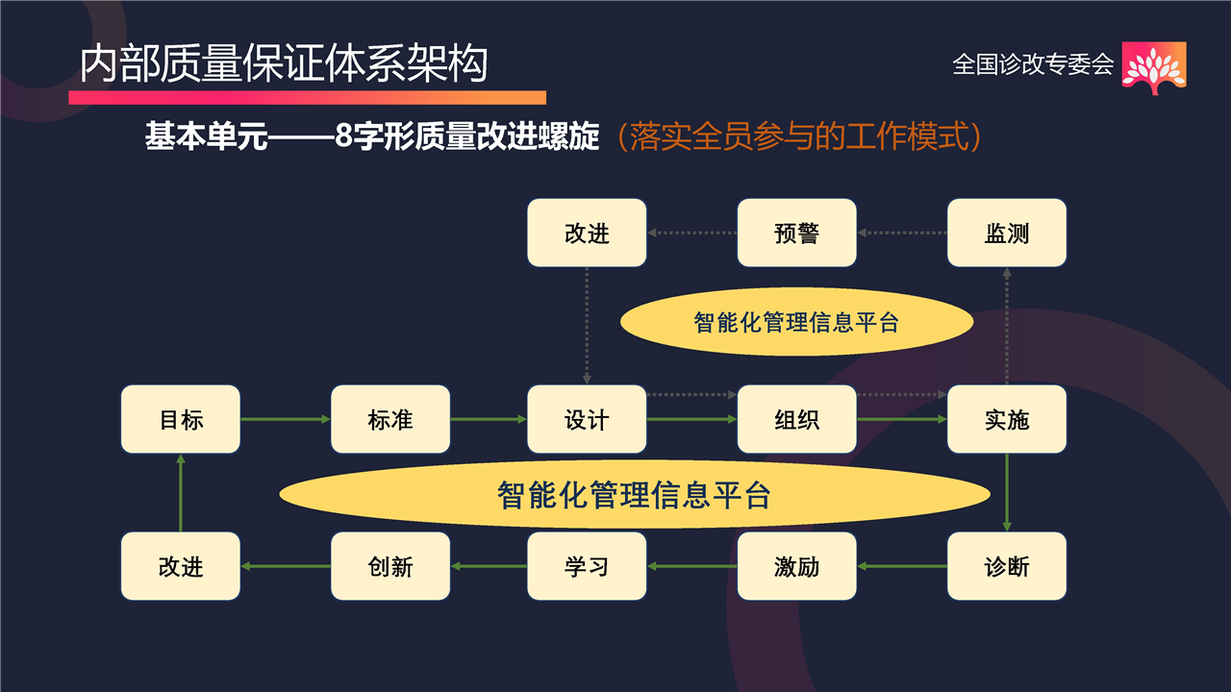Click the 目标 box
(180, 419)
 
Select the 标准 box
(390, 419)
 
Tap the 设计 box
(587, 419)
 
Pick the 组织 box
(797, 419)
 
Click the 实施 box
(1007, 419)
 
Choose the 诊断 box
(1007, 566)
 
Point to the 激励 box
(797, 566)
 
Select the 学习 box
(587, 566)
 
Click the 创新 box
(390, 566)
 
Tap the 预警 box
(797, 233)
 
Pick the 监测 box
(1007, 233)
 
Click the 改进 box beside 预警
(587, 233)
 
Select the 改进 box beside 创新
(180, 566)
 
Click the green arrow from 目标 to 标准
(286, 419)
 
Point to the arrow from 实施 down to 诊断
(1007, 493)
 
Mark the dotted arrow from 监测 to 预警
(902, 233)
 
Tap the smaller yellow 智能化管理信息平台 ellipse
(797, 322)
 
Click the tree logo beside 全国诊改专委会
(1154, 68)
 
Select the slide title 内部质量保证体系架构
(284, 63)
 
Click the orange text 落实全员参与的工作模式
(799, 136)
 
